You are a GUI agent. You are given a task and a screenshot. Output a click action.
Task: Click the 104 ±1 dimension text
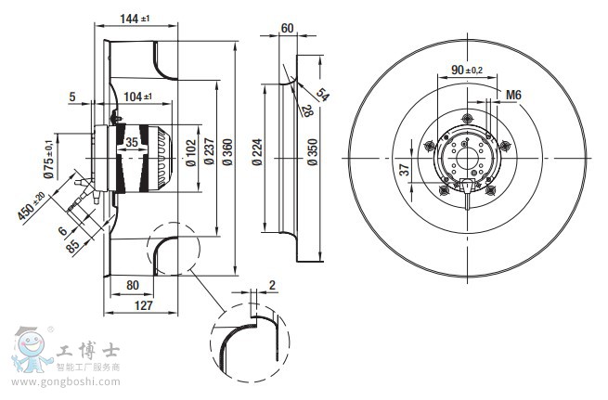[x=140, y=96]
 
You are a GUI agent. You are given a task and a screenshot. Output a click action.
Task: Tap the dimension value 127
[x=143, y=303]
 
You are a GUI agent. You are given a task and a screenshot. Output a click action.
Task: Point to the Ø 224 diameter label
[x=257, y=150]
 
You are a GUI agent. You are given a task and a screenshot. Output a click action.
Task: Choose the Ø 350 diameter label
[x=312, y=151]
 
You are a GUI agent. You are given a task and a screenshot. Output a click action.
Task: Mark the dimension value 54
[x=322, y=94]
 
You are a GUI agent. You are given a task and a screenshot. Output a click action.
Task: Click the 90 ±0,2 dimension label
[x=467, y=70]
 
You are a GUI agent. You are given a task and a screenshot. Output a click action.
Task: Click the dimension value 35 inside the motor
[x=132, y=142]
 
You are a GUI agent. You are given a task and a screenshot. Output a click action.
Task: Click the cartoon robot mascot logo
[x=31, y=352]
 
